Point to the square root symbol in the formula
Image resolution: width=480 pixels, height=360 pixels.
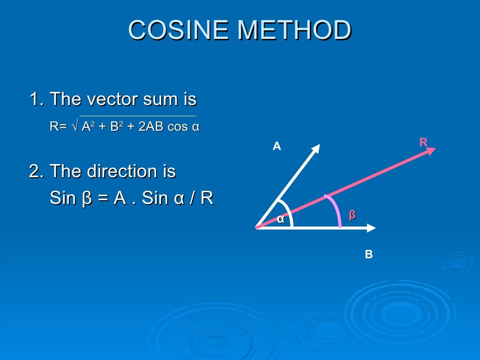point(75,127)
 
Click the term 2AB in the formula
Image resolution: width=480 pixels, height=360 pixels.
point(151,127)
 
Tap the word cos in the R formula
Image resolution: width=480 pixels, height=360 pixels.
point(178,127)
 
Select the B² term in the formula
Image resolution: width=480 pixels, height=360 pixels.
point(114,127)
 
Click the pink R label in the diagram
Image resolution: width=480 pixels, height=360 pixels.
point(423,142)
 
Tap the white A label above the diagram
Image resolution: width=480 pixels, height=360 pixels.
point(277,147)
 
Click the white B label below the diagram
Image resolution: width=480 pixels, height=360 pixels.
point(369,255)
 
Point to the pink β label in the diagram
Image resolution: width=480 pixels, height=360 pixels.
point(352,215)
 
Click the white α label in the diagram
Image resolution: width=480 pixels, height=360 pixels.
point(280,218)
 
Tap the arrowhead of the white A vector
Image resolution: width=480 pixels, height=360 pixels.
point(316,148)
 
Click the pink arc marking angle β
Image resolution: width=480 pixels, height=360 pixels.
point(336,209)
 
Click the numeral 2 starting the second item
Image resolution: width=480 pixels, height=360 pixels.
point(34,172)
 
